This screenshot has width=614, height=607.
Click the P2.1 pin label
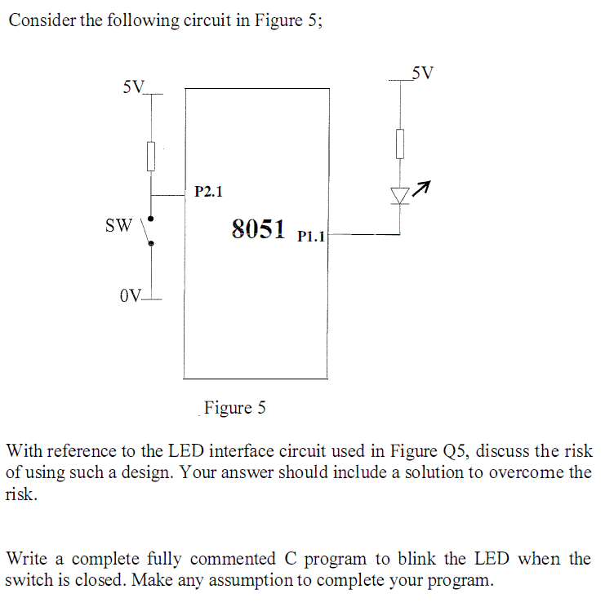(208, 193)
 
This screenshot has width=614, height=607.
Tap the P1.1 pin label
(312, 237)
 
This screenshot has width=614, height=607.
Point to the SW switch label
(118, 224)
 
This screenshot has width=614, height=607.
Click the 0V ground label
(130, 295)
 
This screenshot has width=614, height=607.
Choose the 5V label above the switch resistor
(132, 86)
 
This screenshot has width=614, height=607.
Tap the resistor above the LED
(399, 144)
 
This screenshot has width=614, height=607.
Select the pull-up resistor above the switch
(151, 154)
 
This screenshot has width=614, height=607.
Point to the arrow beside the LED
(420, 190)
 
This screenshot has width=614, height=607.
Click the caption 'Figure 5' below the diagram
(235, 407)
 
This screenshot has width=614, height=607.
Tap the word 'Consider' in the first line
(42, 20)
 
